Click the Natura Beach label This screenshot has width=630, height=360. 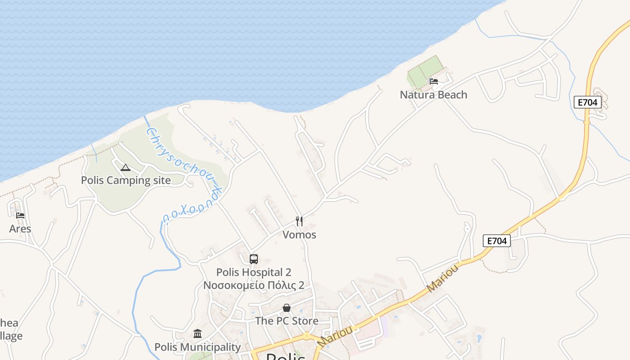pos(433,95)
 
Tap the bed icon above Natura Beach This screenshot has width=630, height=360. pos(433,81)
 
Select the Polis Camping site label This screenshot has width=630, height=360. pos(126,180)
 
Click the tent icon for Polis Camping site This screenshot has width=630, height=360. pos(126,168)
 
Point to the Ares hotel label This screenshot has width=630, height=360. pos(20,229)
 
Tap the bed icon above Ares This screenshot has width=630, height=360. pos(20,216)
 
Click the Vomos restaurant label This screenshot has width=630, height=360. pos(299,235)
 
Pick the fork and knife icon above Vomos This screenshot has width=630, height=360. pos(299,221)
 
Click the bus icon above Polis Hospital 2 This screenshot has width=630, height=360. pos(254,259)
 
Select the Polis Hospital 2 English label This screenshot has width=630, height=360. pos(254,272)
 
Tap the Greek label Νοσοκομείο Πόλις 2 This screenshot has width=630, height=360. pos(254,285)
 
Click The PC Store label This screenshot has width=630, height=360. pos(287,321)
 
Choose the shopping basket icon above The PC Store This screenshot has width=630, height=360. pos(287,308)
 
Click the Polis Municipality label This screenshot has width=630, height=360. pos(198,347)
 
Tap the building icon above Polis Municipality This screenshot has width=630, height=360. pos(198,334)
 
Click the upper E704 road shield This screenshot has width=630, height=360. pos(588,103)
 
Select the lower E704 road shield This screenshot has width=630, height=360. pos(497,241)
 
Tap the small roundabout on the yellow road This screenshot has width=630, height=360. pos(306,336)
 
